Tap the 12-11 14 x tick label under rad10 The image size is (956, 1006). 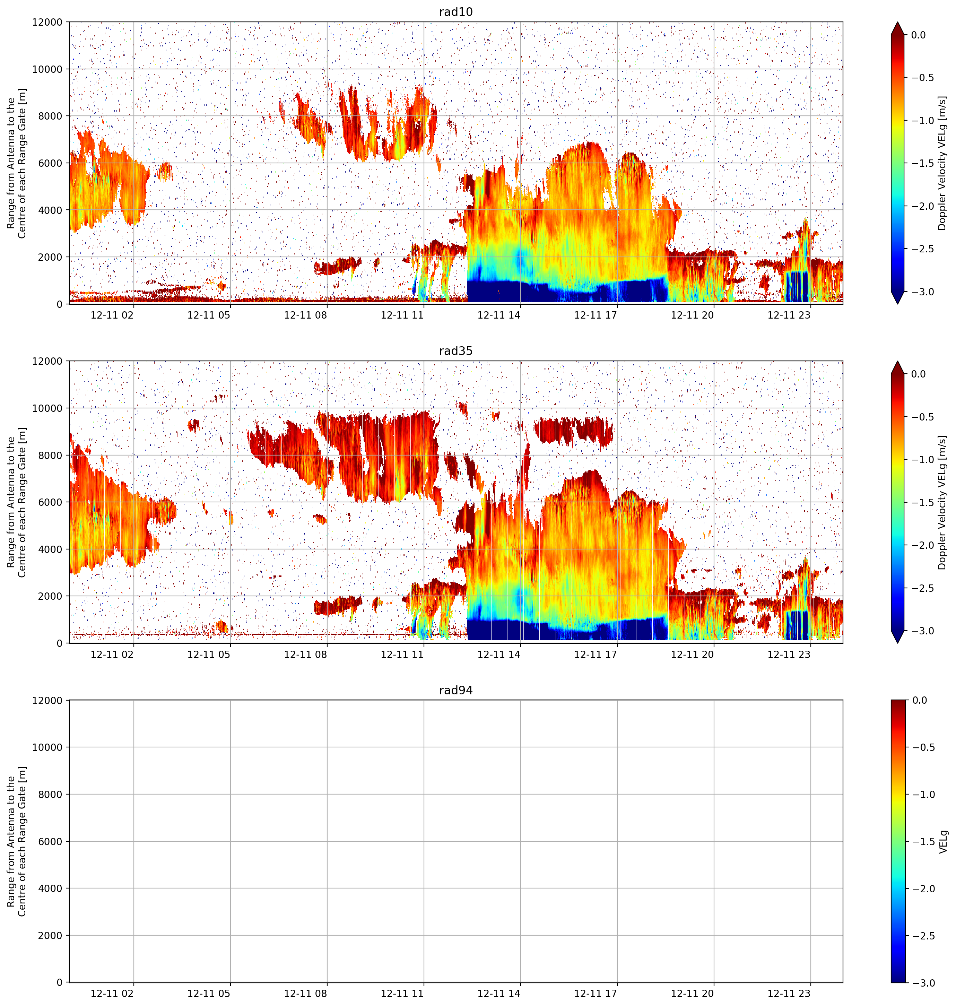499,315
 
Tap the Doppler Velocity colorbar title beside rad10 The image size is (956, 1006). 942,163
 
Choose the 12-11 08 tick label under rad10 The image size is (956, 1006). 305,315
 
